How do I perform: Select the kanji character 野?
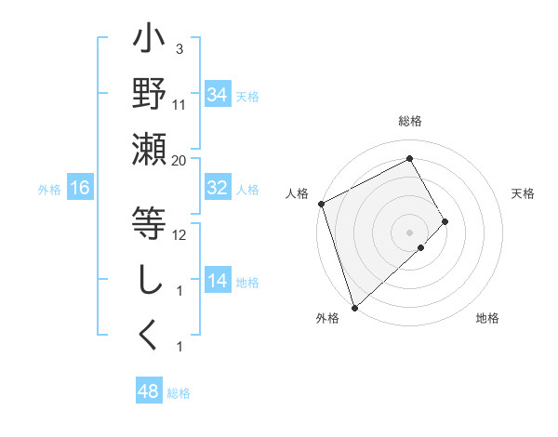(x=149, y=96)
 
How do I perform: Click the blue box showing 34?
(x=217, y=94)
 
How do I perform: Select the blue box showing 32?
(x=217, y=188)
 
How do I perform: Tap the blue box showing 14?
(x=217, y=281)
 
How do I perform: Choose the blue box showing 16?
(x=80, y=188)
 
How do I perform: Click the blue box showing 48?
(x=148, y=391)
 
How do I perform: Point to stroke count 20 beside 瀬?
(x=179, y=159)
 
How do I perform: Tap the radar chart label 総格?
(x=409, y=121)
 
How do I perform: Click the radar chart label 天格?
(x=523, y=193)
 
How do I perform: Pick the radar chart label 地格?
(x=487, y=319)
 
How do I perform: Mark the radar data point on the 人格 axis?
(x=321, y=203)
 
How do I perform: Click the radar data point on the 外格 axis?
(x=354, y=307)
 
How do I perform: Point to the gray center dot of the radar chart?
(x=409, y=232)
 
